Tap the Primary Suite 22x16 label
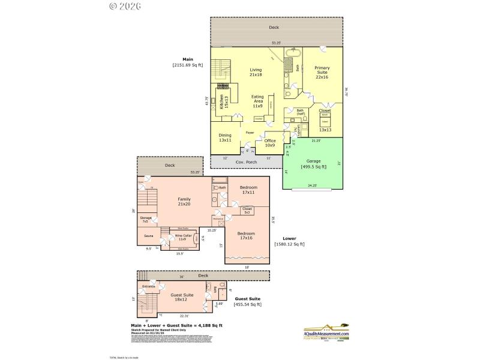click(x=322, y=71)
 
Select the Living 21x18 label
click(x=256, y=73)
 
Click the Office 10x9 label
click(x=269, y=143)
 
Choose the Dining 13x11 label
click(x=224, y=137)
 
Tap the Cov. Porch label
click(x=247, y=163)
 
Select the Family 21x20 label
click(x=184, y=202)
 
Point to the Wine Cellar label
click(x=183, y=238)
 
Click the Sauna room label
click(x=148, y=236)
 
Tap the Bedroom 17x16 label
click(x=246, y=235)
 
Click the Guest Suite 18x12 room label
click(x=181, y=296)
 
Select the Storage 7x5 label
click(x=145, y=220)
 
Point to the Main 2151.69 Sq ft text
click(x=187, y=62)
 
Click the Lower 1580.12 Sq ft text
click(x=289, y=241)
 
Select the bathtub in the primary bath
click(x=292, y=64)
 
